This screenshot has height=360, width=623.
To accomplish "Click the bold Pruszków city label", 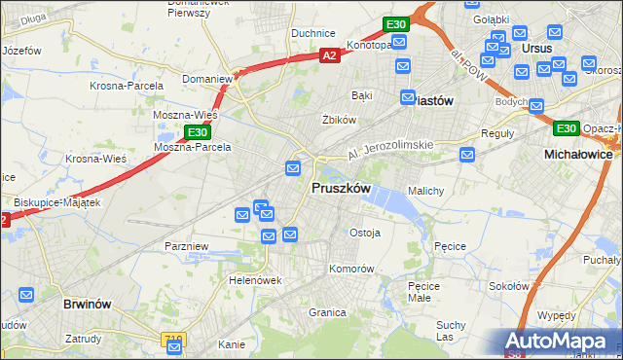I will pyautogui.click(x=340, y=188).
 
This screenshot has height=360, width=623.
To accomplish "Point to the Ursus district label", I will pyautogui.click(x=536, y=48).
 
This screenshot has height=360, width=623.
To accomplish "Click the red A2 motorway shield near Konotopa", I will pyautogui.click(x=329, y=55).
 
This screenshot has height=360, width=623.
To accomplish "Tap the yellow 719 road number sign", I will pyautogui.click(x=173, y=338).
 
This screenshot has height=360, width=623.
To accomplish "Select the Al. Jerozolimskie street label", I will pyautogui.click(x=390, y=150).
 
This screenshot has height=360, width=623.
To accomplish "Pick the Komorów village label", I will pyautogui.click(x=351, y=268).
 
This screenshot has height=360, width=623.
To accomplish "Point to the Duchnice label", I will pyautogui.click(x=313, y=33).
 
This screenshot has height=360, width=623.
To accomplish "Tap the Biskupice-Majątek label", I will pyautogui.click(x=58, y=201).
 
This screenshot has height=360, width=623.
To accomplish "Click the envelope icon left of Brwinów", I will pyautogui.click(x=26, y=294).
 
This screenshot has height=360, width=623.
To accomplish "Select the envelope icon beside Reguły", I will pyautogui.click(x=468, y=154).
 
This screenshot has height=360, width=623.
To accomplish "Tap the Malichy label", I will pyautogui.click(x=426, y=191).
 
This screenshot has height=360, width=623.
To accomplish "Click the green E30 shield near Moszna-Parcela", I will pyautogui.click(x=198, y=131).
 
